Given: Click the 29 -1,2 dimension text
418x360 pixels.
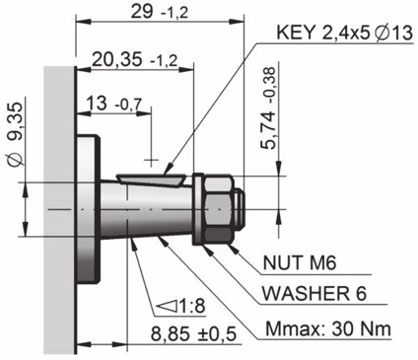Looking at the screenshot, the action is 160,13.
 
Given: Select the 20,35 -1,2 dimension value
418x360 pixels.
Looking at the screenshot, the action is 134,60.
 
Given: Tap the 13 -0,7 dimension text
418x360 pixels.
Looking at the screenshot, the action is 114,104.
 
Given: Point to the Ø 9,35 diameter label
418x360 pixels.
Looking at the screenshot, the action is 16,134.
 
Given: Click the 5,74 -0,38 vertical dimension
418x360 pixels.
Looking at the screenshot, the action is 268,108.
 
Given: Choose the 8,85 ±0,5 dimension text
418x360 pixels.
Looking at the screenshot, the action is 193,334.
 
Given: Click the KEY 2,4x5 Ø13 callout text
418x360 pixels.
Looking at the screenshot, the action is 344,34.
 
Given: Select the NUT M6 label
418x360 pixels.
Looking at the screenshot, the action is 300,262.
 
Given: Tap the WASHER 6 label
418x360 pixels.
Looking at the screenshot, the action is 313,293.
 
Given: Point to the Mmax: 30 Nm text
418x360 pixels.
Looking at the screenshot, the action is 328,329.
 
